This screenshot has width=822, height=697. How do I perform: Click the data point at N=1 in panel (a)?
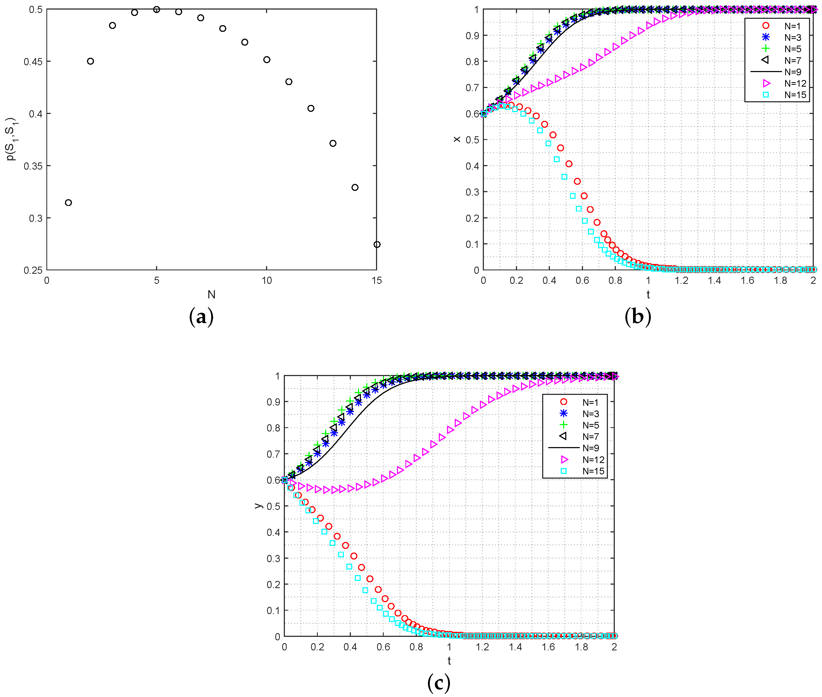68,203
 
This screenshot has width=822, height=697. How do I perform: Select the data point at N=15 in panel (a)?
377,245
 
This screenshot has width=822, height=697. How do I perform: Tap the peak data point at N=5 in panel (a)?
156,10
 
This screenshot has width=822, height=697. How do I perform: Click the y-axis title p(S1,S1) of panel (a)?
11,139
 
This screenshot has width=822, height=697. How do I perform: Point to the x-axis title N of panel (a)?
211,294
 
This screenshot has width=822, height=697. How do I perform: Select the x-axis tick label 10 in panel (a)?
267,281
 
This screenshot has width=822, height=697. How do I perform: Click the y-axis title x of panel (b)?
457,139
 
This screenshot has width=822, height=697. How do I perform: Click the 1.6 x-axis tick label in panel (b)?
747,281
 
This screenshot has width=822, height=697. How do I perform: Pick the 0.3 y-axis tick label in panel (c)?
273,558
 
